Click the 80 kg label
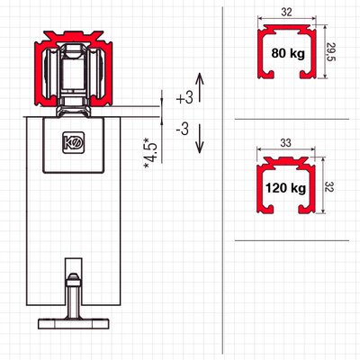[288, 53]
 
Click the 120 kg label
[285, 188]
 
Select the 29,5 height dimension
[330, 52]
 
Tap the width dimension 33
[286, 142]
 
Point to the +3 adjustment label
[184, 98]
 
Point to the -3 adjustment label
[183, 130]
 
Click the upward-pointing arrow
[200, 87]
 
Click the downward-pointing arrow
[200, 138]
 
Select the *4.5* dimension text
[151, 154]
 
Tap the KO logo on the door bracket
[74, 143]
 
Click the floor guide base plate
[74, 324]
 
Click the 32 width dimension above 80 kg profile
[287, 13]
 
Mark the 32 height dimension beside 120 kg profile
[329, 186]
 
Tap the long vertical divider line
[222, 180]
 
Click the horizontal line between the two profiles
[292, 119]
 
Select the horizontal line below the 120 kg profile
[292, 240]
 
